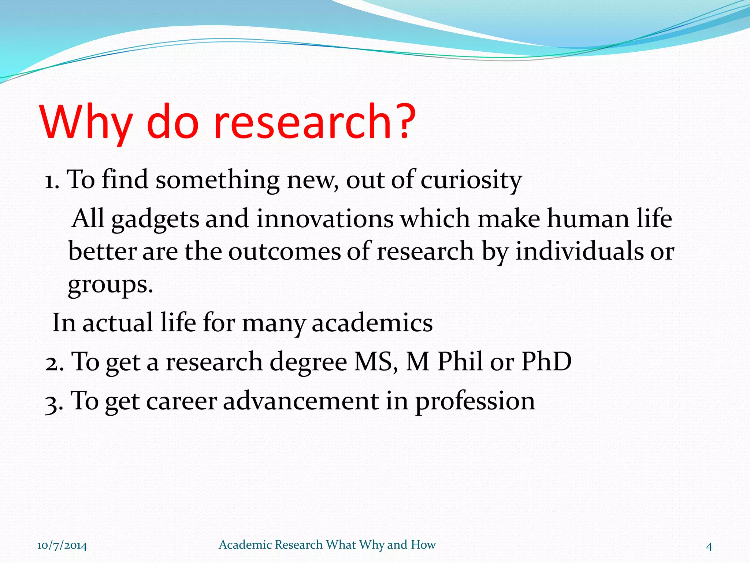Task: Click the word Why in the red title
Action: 86,122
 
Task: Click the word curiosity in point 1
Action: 471,180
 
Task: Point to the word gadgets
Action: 155,219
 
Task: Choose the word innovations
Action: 324,218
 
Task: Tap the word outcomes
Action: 285,251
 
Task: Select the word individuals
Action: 579,251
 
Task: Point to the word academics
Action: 372,323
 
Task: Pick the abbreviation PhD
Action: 546,361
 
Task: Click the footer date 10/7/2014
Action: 62,546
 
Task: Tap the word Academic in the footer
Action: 245,545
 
